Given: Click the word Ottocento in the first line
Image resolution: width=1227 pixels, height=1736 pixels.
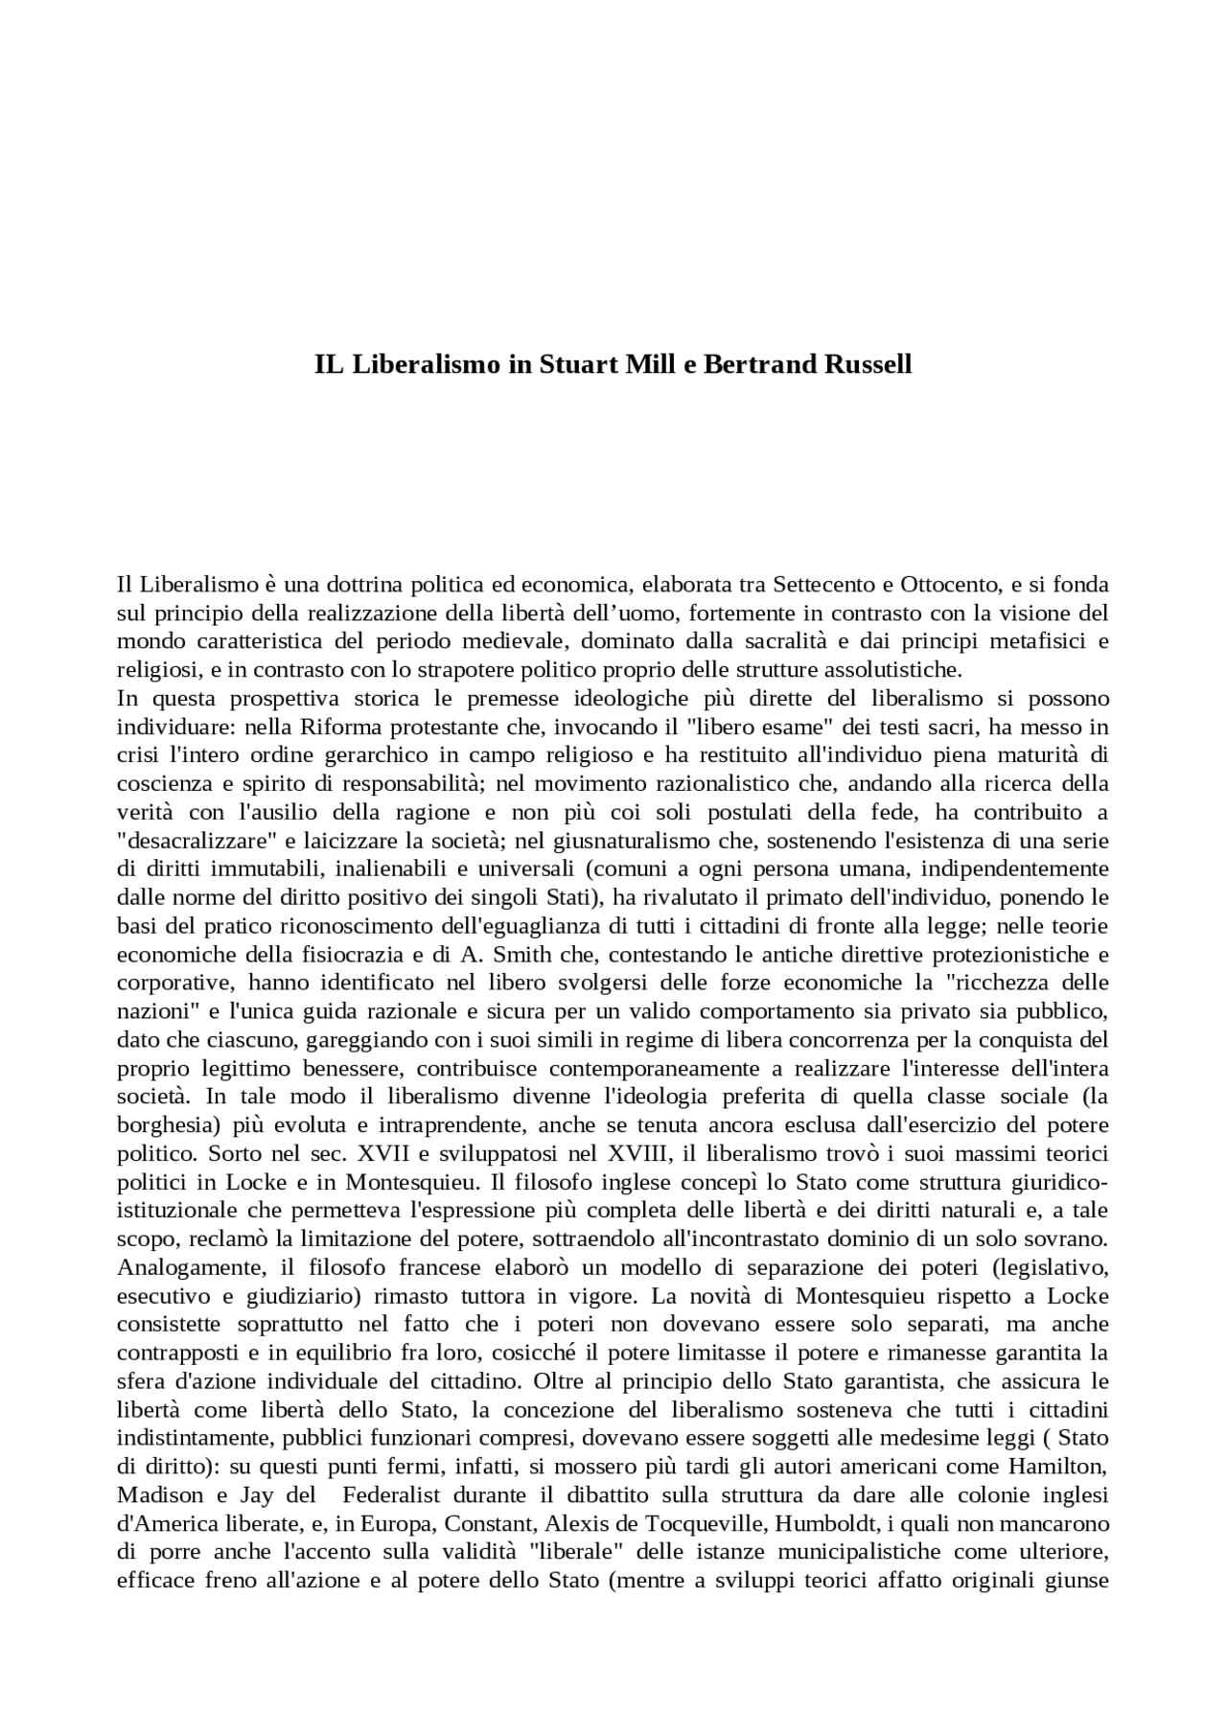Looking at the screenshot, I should coord(950,585).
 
